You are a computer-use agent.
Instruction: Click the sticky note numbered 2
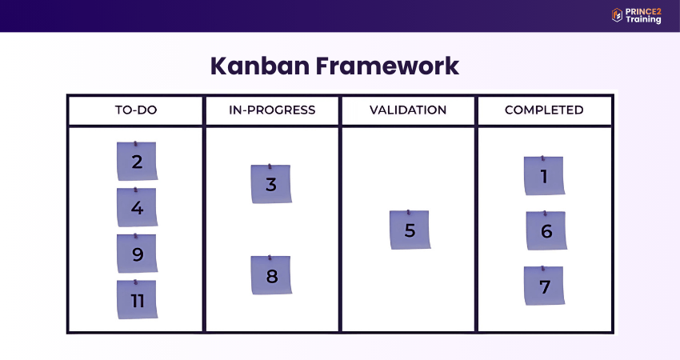[x=137, y=162]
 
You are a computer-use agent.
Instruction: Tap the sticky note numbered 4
[x=137, y=208]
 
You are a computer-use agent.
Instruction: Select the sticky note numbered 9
[x=137, y=254]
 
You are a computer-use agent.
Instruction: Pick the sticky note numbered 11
[x=137, y=301]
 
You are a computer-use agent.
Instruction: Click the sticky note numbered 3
[x=271, y=185]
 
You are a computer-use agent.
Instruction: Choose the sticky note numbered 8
[x=271, y=276]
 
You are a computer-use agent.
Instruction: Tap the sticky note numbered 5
[x=410, y=230]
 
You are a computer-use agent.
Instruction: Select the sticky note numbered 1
[x=544, y=176]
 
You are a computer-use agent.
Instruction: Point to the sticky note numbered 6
[x=546, y=231]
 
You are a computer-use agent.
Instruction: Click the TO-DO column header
[x=136, y=110]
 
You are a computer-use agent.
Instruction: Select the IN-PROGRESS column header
[x=272, y=110]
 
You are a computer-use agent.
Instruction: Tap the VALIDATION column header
[x=408, y=110]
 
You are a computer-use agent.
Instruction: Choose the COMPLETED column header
[x=544, y=110]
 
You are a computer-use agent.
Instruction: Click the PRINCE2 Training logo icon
[x=617, y=15]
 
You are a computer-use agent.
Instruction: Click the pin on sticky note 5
[x=409, y=213]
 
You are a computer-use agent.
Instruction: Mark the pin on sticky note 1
[x=543, y=158]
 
